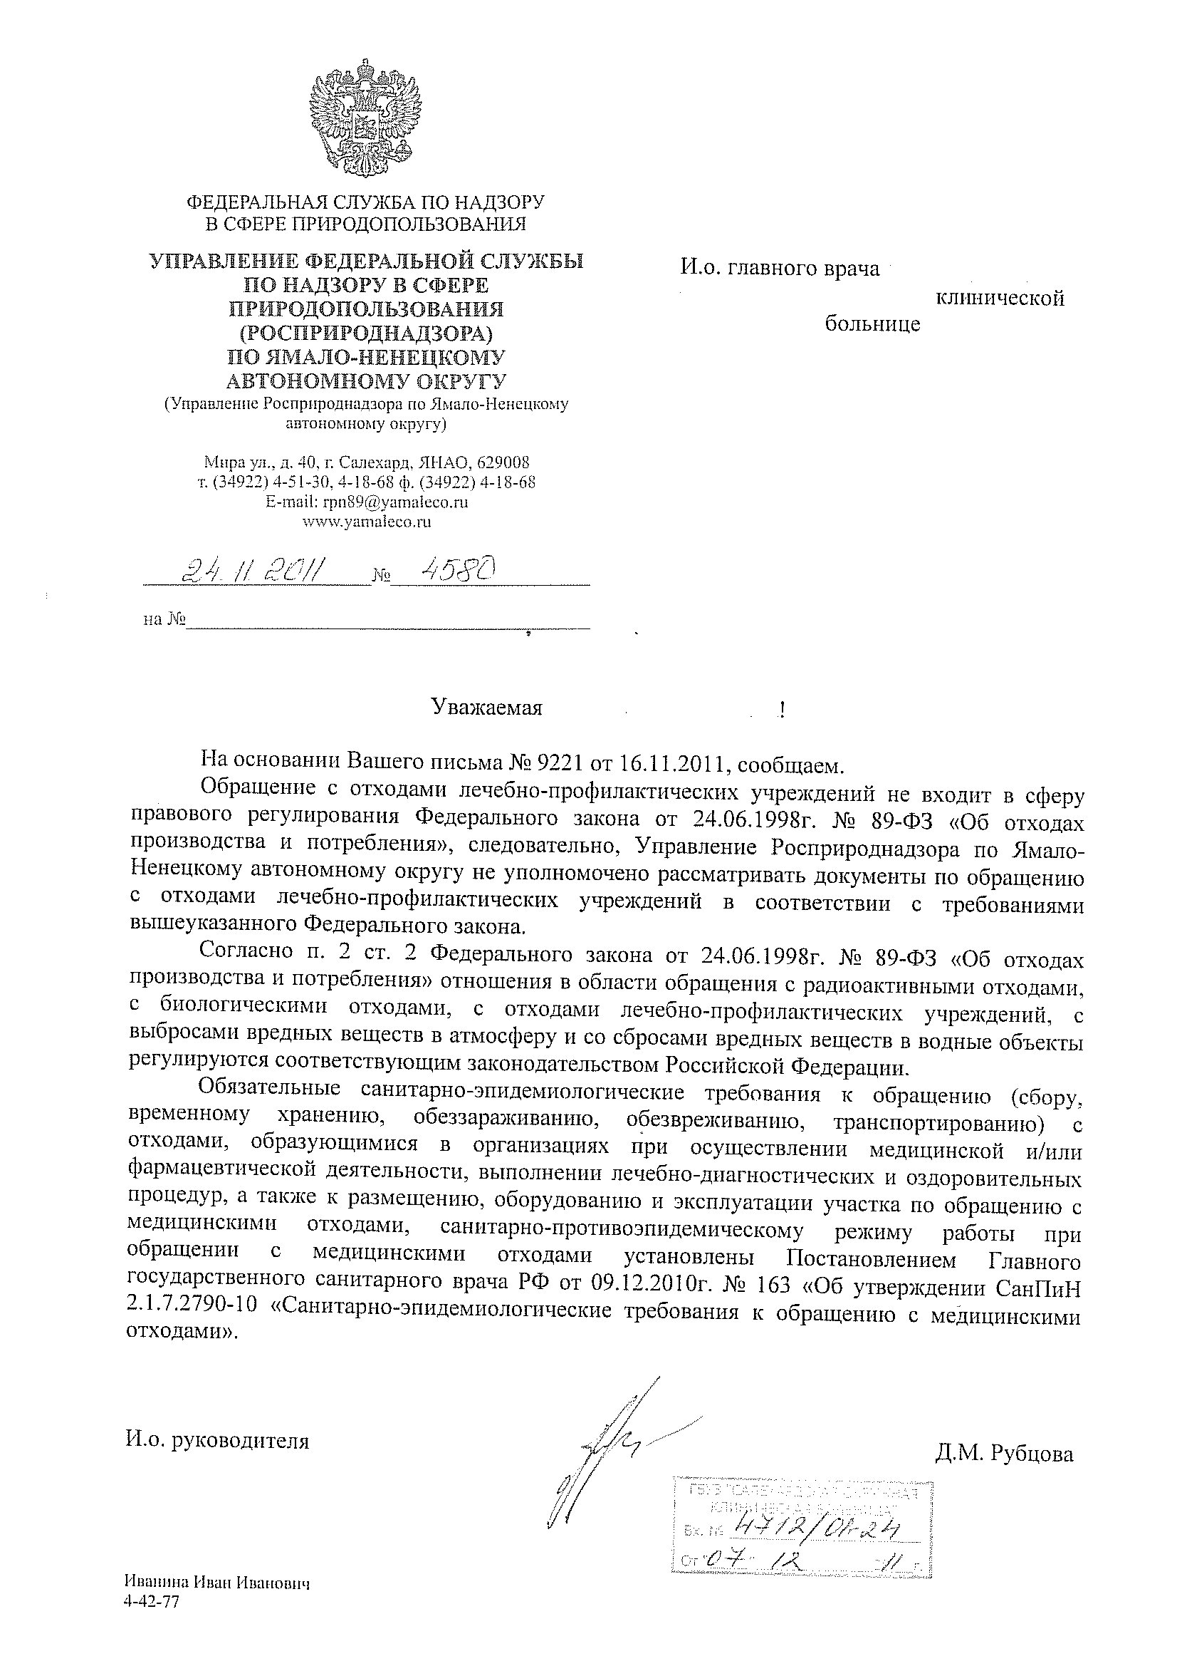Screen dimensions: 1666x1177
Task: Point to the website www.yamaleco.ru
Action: coord(366,520)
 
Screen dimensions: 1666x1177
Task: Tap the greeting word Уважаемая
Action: coord(486,708)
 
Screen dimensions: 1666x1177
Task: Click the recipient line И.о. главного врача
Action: coord(780,269)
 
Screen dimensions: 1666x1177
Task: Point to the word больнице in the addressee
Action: coord(872,324)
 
